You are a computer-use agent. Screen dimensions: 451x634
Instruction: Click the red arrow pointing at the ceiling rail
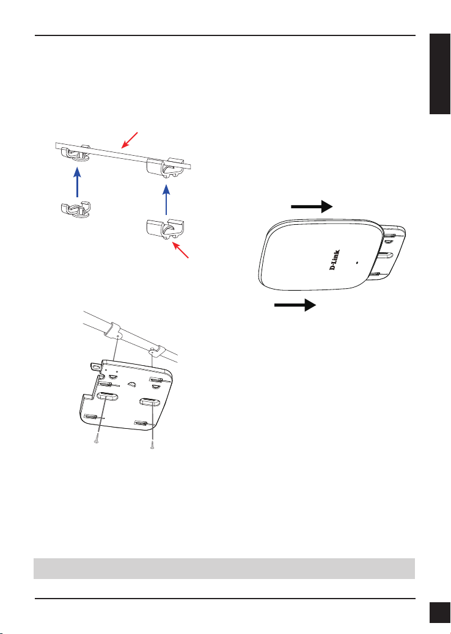pyautogui.click(x=130, y=140)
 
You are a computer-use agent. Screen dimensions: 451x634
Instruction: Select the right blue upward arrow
pyautogui.click(x=166, y=200)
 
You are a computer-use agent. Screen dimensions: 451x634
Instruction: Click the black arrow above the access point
pyautogui.click(x=312, y=208)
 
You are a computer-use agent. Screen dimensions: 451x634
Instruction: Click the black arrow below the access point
pyautogui.click(x=295, y=305)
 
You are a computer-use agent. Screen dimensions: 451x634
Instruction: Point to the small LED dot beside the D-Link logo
pyautogui.click(x=356, y=262)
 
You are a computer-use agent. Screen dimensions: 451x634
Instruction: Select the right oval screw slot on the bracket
pyautogui.click(x=150, y=403)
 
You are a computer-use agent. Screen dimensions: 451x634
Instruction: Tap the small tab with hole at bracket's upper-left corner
pyautogui.click(x=95, y=368)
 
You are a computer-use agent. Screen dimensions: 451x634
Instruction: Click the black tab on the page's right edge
pyautogui.click(x=440, y=74)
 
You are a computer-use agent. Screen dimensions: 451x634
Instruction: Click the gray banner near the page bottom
pyautogui.click(x=224, y=569)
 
